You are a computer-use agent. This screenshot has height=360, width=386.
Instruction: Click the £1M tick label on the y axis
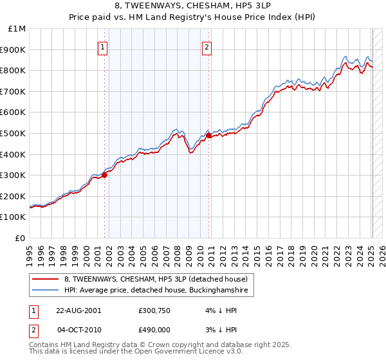pyautogui.click(x=17, y=29)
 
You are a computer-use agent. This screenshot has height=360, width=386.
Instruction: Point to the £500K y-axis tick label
pyautogui.click(x=15, y=133)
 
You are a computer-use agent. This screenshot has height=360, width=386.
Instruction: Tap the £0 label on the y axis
pyautogui.click(x=21, y=238)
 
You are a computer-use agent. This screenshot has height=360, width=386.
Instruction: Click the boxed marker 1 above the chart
pyautogui.click(x=104, y=46)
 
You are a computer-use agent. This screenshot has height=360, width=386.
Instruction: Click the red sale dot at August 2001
pyautogui.click(x=104, y=175)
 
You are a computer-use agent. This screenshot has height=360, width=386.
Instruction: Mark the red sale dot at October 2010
pyautogui.click(x=208, y=136)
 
